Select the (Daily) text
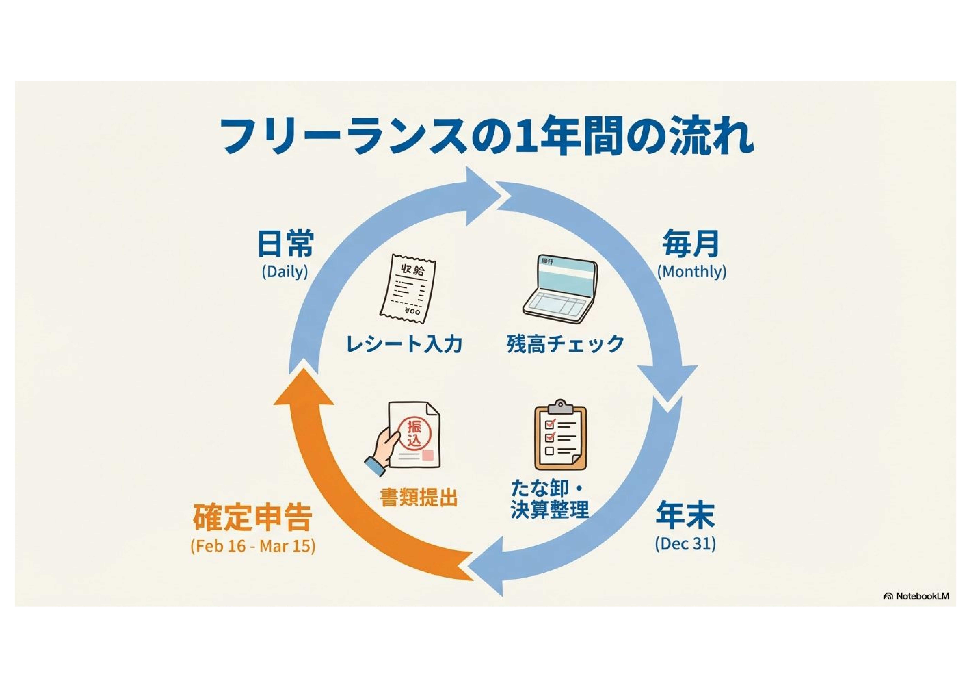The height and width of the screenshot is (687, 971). pyautogui.click(x=285, y=271)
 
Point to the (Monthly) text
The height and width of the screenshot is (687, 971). pyautogui.click(x=691, y=271)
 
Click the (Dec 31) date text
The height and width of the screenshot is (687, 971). pyautogui.click(x=685, y=544)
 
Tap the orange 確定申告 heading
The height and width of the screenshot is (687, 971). pyautogui.click(x=253, y=517)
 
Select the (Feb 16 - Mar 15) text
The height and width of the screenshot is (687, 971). pyautogui.click(x=253, y=546)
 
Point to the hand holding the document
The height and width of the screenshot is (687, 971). pyautogui.click(x=381, y=453)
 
